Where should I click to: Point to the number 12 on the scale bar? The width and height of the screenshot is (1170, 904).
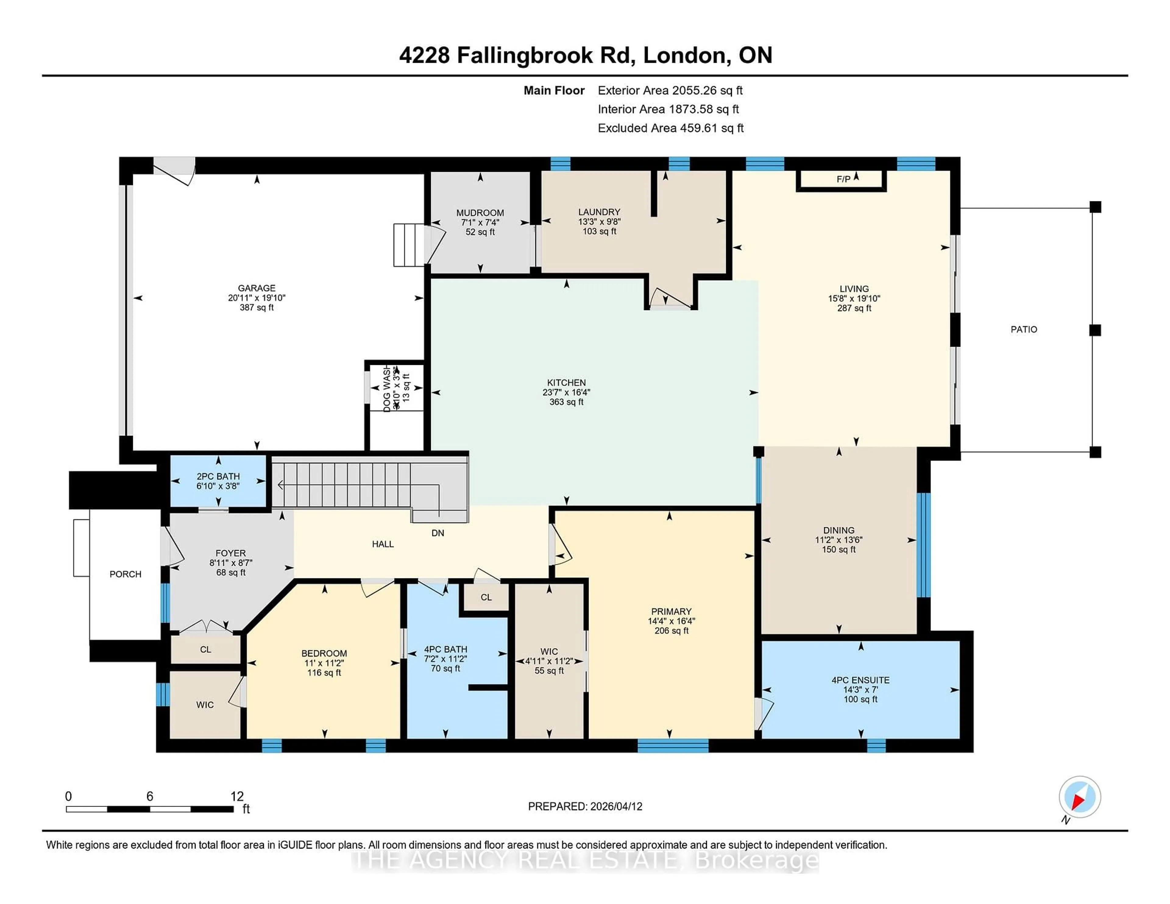pos(237,796)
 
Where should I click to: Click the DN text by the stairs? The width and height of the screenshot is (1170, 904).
pos(438,533)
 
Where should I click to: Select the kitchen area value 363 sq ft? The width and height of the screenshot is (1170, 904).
pos(566,402)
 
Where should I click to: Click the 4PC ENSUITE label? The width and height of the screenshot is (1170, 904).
pos(860,680)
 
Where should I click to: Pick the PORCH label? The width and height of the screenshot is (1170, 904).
pos(125,574)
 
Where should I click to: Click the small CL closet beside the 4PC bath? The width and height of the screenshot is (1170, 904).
pos(486,597)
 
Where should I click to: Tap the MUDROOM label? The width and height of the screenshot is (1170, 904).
pos(480,213)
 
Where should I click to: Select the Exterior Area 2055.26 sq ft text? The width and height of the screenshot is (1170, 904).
pos(670,90)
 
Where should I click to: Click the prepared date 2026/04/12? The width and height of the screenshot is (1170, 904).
pos(615,807)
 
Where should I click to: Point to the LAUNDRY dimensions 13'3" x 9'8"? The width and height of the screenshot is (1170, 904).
pos(599,222)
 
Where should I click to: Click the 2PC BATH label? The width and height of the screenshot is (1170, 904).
pos(218,476)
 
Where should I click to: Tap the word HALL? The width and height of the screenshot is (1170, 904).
pos(382,544)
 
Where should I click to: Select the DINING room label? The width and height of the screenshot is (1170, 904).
pos(838,530)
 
